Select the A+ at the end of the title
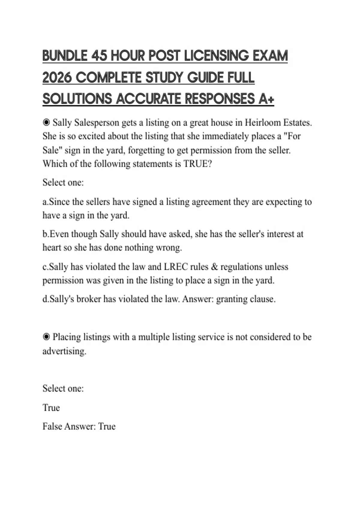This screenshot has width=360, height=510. click(x=266, y=99)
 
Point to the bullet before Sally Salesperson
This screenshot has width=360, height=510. click(x=46, y=122)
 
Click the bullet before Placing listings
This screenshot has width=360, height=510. click(x=46, y=337)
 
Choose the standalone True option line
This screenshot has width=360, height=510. click(x=51, y=408)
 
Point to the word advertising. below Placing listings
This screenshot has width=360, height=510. click(x=64, y=351)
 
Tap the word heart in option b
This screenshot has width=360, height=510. click(x=52, y=247)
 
